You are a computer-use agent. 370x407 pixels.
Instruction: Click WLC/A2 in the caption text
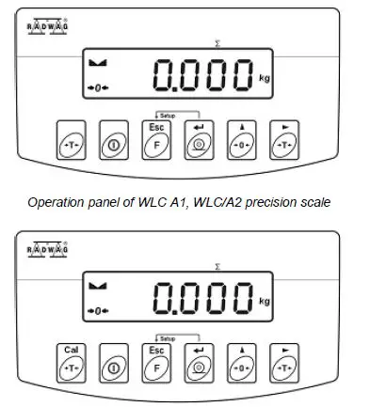click(x=214, y=202)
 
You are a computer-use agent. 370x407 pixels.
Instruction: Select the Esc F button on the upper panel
click(x=155, y=139)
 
